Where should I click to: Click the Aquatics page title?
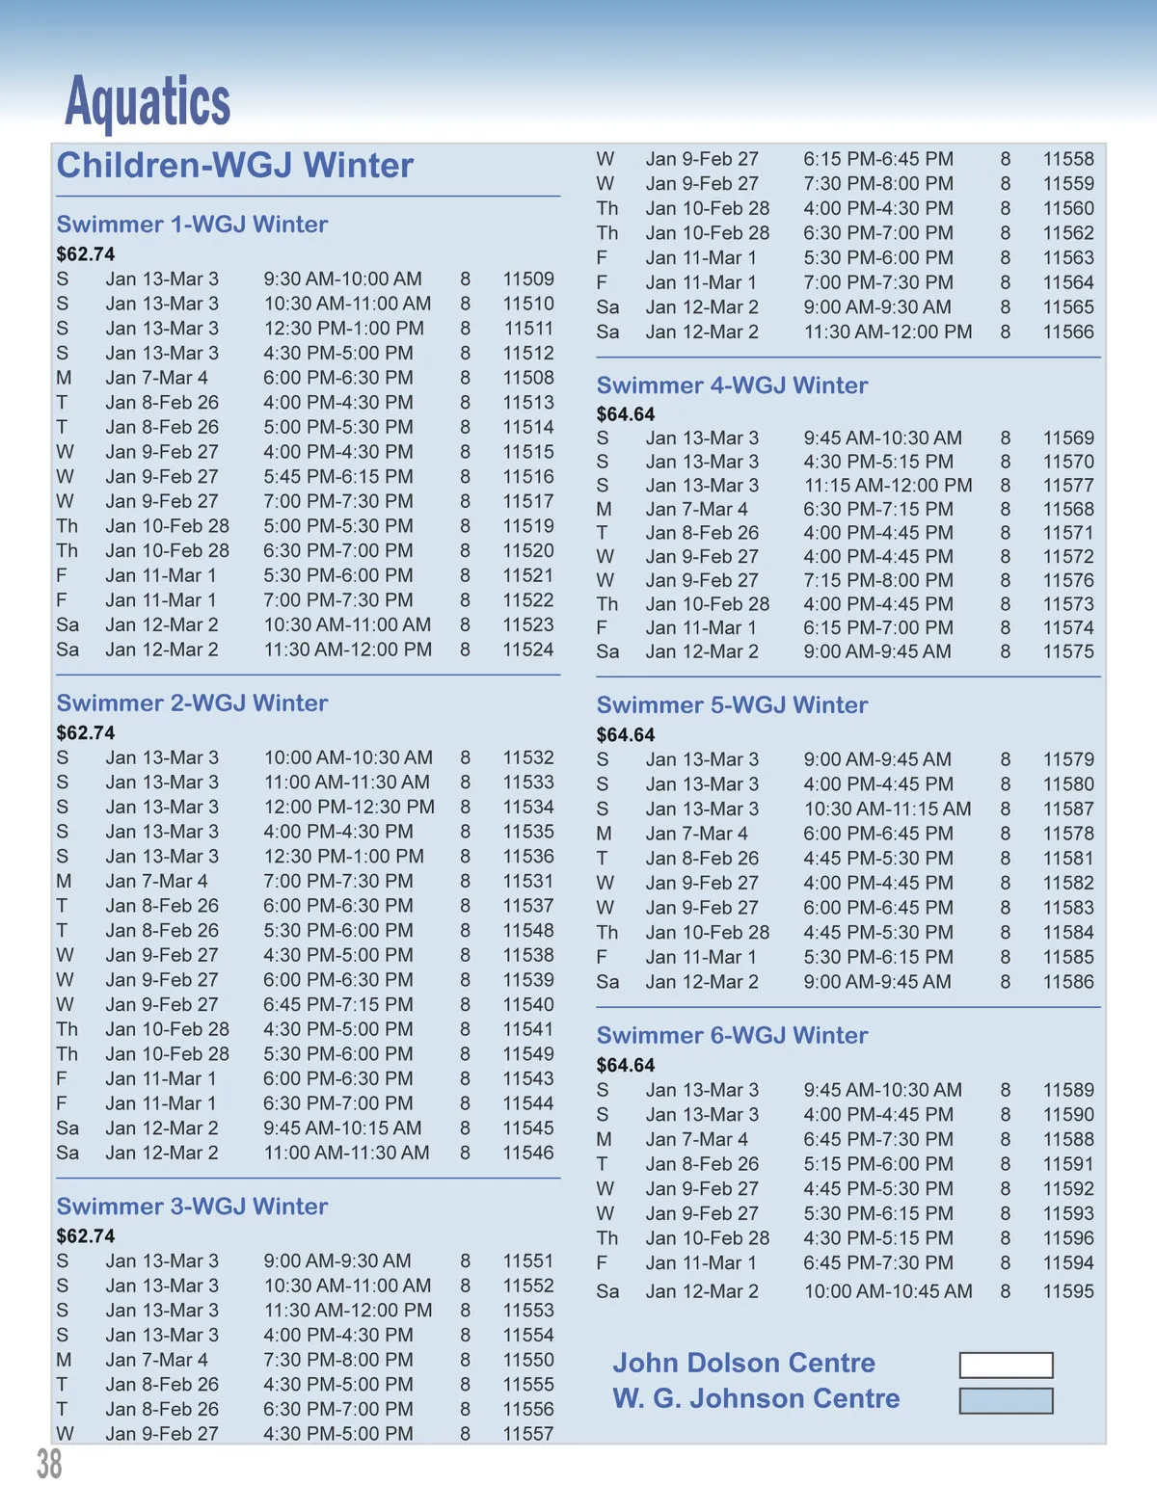[x=148, y=101]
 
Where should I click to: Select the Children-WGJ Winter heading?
[x=235, y=166]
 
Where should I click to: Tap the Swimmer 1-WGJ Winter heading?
[x=192, y=225]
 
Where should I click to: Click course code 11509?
[x=528, y=279]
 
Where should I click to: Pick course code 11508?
[x=528, y=378]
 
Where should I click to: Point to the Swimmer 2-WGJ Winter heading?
[x=192, y=703]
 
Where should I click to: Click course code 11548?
[x=528, y=931]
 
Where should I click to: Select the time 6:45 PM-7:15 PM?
[x=338, y=1005]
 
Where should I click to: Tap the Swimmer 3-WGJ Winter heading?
[x=192, y=1207]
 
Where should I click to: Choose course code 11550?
[x=528, y=1360]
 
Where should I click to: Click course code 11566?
[x=1068, y=332]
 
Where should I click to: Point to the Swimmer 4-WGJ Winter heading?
[x=732, y=385]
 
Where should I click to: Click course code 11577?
[x=1068, y=486]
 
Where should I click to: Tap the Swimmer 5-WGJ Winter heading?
[x=732, y=705]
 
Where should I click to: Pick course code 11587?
[x=1068, y=809]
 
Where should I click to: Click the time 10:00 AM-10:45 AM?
[x=888, y=1291]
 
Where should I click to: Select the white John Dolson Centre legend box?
[x=1006, y=1365]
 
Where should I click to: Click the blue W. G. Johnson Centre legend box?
[x=1006, y=1400]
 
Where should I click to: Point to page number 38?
[x=49, y=1464]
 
